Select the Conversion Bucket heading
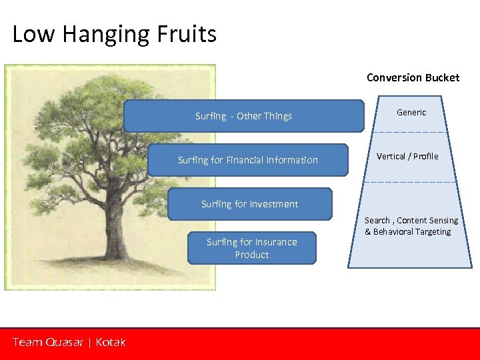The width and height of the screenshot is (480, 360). (x=413, y=77)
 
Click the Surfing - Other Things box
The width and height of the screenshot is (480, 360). (x=243, y=116)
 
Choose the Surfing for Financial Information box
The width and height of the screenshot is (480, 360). (x=247, y=160)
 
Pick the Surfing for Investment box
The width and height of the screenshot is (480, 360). (x=249, y=204)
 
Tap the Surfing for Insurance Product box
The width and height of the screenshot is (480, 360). (x=251, y=248)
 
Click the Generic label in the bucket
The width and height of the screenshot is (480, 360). (x=411, y=113)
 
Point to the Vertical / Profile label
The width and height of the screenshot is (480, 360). (x=407, y=157)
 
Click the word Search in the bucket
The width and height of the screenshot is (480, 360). (x=377, y=221)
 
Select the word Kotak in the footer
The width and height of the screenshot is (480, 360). (x=110, y=342)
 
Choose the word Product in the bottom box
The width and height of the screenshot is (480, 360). (x=252, y=255)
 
